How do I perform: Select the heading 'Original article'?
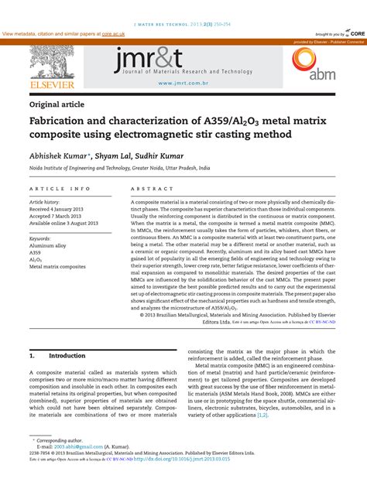(x=57, y=104)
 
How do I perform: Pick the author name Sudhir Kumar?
(x=158, y=154)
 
